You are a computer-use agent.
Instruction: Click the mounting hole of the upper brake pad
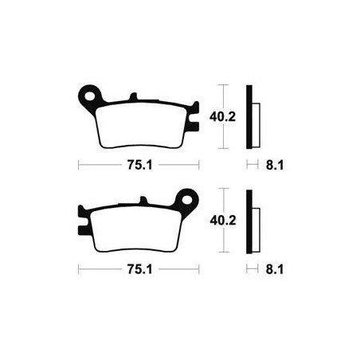(91, 96)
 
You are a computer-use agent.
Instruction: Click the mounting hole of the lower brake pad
(187, 200)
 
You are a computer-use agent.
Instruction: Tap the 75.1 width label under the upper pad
(140, 165)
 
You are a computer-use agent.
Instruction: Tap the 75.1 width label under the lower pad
(140, 269)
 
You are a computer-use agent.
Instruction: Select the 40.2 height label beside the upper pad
(222, 116)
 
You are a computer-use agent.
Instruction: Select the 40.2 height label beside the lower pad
(223, 221)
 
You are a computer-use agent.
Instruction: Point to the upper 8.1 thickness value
(275, 166)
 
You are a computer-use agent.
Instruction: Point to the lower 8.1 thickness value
(275, 269)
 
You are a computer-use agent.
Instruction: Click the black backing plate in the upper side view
(249, 117)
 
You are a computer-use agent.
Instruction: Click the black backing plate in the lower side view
(249, 221)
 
